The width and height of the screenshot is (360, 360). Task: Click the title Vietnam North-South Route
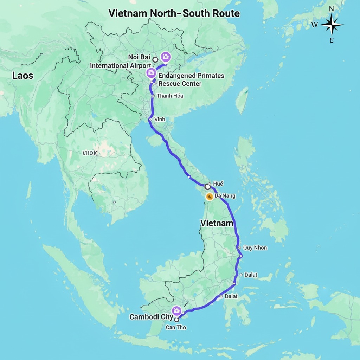(174, 14)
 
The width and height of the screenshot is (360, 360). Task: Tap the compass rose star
(332, 25)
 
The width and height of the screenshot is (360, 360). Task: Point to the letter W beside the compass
(315, 25)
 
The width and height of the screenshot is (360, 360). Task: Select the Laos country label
(23, 75)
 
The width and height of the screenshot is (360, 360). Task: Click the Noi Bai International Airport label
(120, 62)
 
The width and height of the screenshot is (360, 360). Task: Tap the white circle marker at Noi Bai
(155, 59)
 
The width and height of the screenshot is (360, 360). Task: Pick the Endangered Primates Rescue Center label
(191, 79)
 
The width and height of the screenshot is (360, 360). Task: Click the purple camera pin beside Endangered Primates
(151, 73)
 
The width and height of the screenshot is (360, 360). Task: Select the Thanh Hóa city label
(170, 96)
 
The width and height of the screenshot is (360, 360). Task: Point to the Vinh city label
(160, 120)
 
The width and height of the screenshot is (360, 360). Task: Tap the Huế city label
(218, 184)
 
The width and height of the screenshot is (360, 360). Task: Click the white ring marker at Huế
(208, 187)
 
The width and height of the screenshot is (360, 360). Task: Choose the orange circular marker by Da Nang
(210, 197)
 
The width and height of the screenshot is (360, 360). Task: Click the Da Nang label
(225, 196)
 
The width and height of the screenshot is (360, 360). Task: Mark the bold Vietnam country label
(217, 223)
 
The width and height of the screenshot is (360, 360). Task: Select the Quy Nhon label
(255, 248)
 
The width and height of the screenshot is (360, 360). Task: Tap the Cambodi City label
(151, 317)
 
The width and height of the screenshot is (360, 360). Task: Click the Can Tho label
(176, 327)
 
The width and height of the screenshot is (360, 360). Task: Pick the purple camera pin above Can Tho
(176, 311)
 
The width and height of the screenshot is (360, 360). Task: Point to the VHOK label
(90, 153)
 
